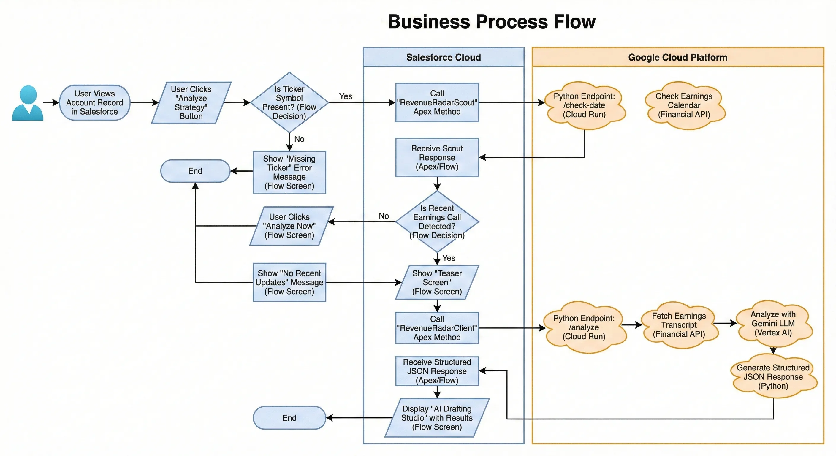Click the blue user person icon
pos(28,103)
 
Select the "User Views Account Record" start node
pos(94,102)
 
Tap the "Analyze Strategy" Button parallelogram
pos(191,102)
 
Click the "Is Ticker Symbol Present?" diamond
pos(289,102)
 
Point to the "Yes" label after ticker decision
pos(345,96)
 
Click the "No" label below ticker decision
pos(299,139)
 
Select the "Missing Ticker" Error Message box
pos(289,172)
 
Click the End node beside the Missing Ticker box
pos(195,171)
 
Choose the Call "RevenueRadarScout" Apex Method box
pos(437,102)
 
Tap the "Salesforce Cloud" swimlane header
pos(443,58)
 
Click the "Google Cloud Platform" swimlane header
pos(678,58)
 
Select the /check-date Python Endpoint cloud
pos(584,105)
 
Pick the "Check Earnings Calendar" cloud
pos(684,105)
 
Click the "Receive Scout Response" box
pos(437,157)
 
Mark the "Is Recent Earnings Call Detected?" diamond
pos(437,222)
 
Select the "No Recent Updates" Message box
pos(289,282)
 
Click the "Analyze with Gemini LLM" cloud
pos(773,324)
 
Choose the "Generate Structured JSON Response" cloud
pos(773,377)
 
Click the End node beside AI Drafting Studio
pos(289,418)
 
